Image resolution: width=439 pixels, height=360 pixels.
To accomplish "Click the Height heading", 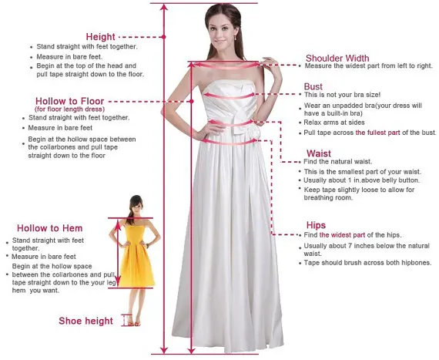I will click(100, 36).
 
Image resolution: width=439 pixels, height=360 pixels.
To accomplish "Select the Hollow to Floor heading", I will click(69, 101).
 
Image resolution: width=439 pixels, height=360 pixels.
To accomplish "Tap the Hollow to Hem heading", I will click(49, 228).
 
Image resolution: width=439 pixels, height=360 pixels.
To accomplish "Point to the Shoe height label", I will click(85, 321).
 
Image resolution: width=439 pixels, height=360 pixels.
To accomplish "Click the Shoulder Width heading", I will click(337, 57).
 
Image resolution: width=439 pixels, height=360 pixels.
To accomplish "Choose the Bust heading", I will click(313, 86).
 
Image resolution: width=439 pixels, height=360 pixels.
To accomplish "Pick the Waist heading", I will click(318, 153).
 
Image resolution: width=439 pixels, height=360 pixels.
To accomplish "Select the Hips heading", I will click(315, 225).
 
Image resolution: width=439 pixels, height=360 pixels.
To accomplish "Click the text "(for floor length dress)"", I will click(69, 109).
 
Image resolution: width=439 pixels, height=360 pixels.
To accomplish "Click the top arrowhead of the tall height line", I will click(163, 6).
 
